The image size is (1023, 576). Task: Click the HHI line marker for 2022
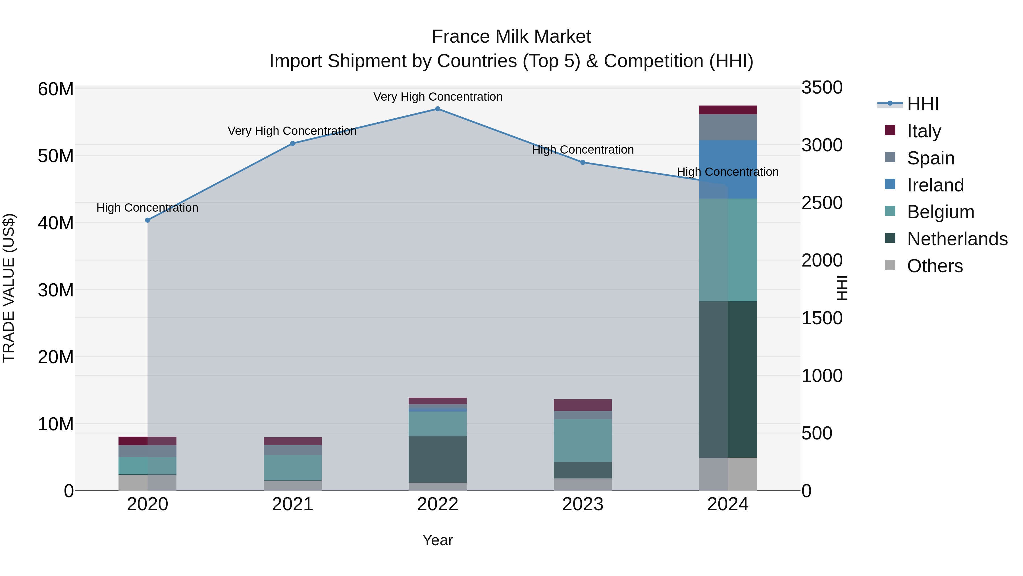(x=438, y=109)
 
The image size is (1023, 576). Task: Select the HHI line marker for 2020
(x=148, y=220)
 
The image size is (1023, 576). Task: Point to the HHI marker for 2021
(x=293, y=144)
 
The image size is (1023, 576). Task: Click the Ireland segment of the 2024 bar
(x=728, y=169)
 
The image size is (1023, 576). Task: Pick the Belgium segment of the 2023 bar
(x=583, y=440)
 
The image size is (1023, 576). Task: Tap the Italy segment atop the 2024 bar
(x=728, y=110)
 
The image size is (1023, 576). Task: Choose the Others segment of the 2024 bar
(x=728, y=474)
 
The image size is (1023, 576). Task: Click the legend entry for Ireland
(x=935, y=185)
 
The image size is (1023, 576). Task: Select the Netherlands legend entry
(x=957, y=239)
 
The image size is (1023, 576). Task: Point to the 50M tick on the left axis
(x=56, y=156)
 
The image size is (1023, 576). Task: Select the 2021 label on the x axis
(x=293, y=504)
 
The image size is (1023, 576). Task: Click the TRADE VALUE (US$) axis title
(x=9, y=288)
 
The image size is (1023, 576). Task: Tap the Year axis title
(x=438, y=540)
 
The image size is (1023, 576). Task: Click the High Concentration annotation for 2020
(x=147, y=208)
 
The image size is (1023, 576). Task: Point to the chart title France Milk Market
(x=511, y=37)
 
